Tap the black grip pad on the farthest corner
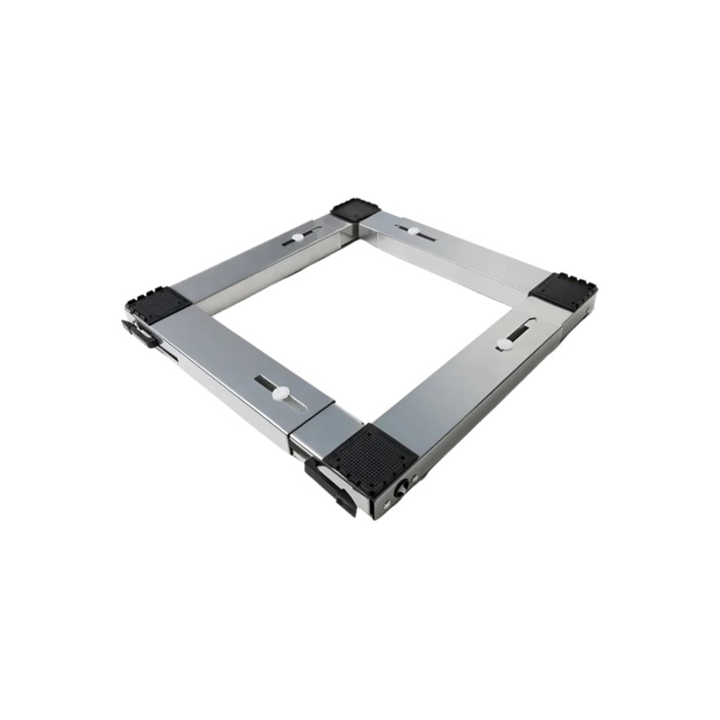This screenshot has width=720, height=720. tap(355, 211)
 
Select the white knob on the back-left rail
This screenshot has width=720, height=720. tap(298, 238)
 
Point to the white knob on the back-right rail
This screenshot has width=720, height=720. tap(412, 230)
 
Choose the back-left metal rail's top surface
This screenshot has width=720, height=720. tap(261, 261)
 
